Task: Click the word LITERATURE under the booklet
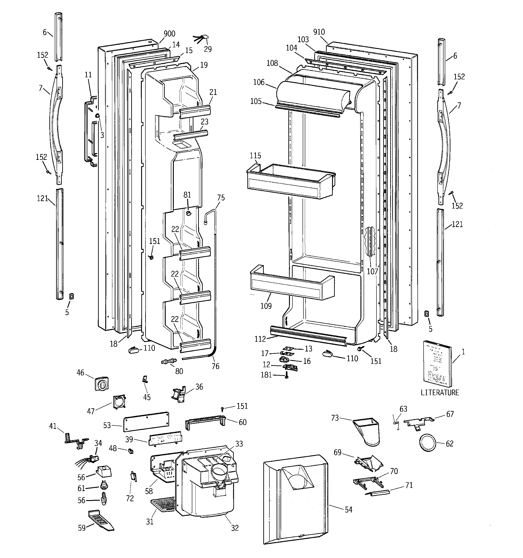point(440,393)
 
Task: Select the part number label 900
point(169,34)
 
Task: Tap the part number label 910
point(319,32)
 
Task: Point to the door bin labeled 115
point(291,181)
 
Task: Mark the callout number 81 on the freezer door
point(187,195)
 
